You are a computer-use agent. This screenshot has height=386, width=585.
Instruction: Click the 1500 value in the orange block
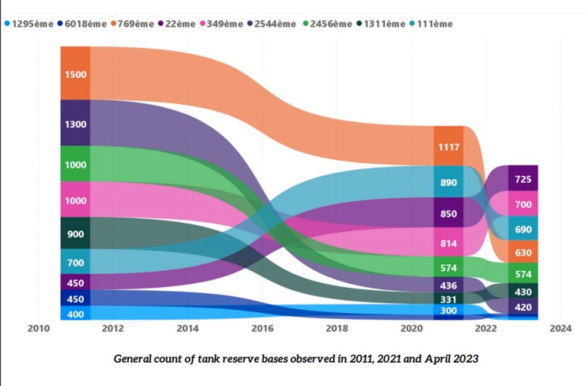pyautogui.click(x=75, y=74)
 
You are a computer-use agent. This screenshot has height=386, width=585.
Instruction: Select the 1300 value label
pyautogui.click(x=75, y=124)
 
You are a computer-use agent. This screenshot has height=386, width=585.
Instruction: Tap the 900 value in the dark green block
pyautogui.click(x=75, y=234)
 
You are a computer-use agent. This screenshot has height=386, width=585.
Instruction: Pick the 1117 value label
pyautogui.click(x=449, y=147)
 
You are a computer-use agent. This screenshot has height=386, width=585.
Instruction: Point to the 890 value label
pyautogui.click(x=448, y=183)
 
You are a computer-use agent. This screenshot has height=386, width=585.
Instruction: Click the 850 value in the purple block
pyautogui.click(x=448, y=214)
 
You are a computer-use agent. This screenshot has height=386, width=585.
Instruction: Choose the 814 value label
pyautogui.click(x=448, y=243)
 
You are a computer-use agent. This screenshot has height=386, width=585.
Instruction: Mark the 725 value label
pyautogui.click(x=523, y=179)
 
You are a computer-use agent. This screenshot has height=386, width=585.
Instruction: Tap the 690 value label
pyautogui.click(x=523, y=230)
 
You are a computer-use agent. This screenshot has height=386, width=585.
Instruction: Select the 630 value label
pyautogui.click(x=523, y=253)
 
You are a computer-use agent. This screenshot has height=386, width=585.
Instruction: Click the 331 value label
pyautogui.click(x=448, y=299)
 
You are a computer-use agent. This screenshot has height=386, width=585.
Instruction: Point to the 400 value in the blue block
pyautogui.click(x=75, y=314)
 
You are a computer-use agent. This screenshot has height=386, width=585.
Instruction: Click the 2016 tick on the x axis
pyautogui.click(x=262, y=328)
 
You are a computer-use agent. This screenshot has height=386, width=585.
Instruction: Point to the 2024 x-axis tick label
pyautogui.click(x=560, y=328)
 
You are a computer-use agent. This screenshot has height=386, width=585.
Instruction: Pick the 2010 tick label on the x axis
pyautogui.click(x=38, y=328)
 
